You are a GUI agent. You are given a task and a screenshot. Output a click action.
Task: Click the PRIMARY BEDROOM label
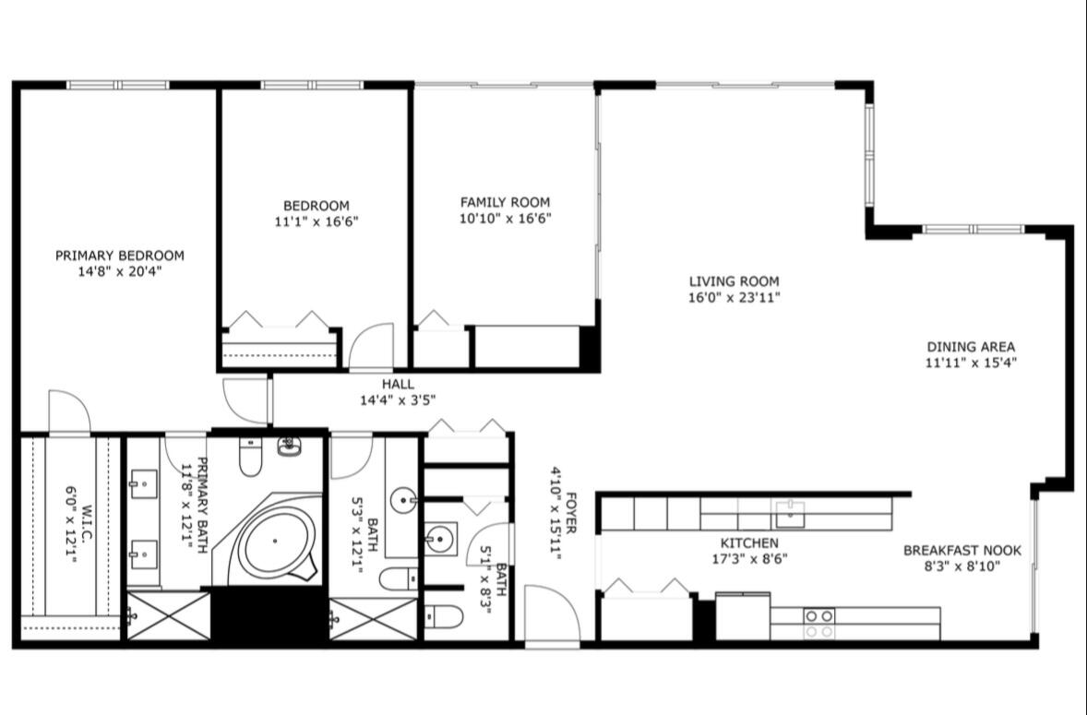coord(120,256)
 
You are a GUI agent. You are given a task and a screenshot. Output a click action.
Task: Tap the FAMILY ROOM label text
coord(505,202)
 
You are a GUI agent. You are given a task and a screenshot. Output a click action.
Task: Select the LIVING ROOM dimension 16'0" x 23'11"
coord(735,298)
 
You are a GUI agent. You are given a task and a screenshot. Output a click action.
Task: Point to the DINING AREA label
coord(972,347)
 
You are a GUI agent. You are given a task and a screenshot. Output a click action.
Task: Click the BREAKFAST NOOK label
coord(962,550)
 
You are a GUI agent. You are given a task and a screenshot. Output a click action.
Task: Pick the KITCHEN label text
coord(748,543)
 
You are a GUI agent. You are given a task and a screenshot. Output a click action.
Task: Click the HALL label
coord(398,385)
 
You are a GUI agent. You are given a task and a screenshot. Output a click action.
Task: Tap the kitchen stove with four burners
coord(819,623)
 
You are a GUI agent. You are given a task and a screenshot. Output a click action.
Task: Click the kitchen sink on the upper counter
coord(789,512)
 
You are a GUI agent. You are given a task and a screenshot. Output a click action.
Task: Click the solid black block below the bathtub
coord(269,614)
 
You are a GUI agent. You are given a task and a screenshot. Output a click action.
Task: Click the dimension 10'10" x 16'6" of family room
coord(505,219)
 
